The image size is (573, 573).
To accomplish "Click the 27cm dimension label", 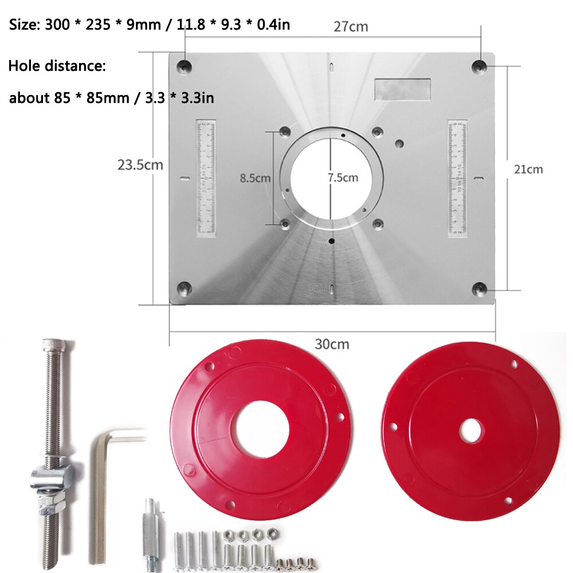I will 351,26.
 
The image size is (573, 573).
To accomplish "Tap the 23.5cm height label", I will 140,165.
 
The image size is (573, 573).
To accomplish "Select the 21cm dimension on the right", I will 528,169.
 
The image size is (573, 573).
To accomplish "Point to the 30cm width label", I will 332,344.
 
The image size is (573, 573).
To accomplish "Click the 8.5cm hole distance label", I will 255,178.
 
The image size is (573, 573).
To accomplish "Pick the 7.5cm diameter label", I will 343,178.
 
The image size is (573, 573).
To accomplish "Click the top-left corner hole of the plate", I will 185,66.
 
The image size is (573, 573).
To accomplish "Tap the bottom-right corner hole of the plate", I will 479,288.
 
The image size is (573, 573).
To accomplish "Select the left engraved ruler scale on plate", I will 206,178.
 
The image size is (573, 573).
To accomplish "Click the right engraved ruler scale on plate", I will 457,178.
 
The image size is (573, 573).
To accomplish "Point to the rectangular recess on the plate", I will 403,89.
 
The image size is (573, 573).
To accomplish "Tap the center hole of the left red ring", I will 260,429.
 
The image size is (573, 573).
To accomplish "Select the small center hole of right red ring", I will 471,431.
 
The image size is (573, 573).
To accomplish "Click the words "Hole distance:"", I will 57,66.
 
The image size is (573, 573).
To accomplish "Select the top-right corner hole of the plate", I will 478,66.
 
